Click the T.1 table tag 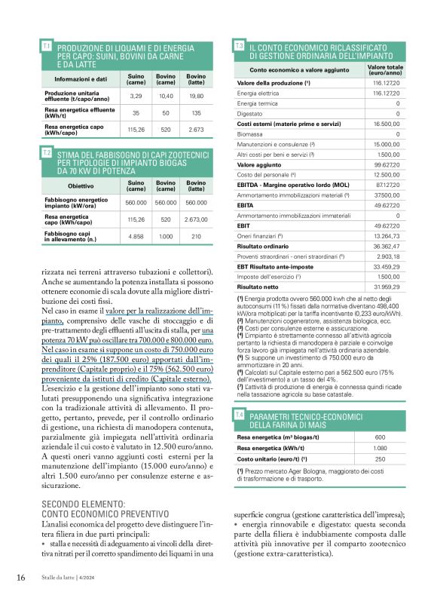click(x=47, y=47)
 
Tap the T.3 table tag click(x=240, y=47)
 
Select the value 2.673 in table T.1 click(x=197, y=130)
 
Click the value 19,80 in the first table click(x=197, y=97)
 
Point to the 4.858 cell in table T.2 click(x=136, y=236)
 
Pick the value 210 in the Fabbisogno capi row click(x=197, y=236)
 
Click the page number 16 click(x=22, y=578)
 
